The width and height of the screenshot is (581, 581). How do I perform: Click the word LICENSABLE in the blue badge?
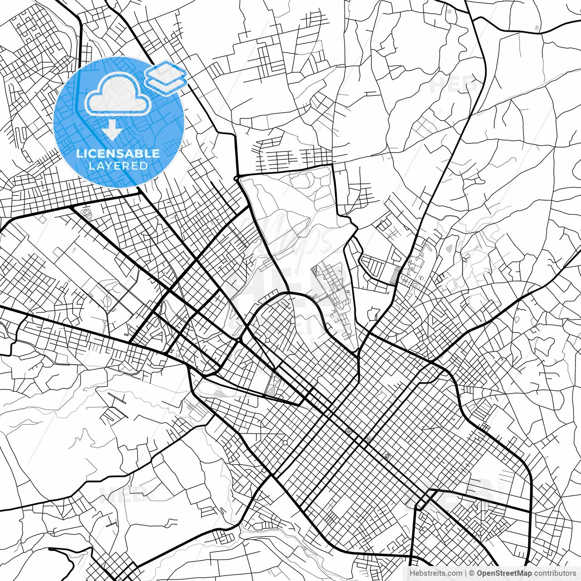(x=118, y=153)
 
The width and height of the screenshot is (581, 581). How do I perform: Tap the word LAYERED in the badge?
(x=118, y=166)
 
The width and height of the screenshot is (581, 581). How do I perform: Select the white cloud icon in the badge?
(x=118, y=94)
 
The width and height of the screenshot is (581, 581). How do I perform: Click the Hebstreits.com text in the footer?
(x=436, y=573)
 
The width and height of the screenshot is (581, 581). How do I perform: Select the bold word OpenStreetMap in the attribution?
(x=504, y=573)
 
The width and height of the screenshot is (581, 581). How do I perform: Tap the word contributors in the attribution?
(x=555, y=573)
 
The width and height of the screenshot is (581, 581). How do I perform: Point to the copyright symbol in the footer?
(x=472, y=573)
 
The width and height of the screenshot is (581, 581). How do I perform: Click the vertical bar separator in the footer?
(x=466, y=573)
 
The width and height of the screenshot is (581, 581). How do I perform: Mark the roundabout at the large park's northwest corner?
(x=236, y=177)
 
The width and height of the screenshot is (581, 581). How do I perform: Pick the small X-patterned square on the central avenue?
(x=348, y=431)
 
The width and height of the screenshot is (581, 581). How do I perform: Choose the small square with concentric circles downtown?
(x=368, y=439)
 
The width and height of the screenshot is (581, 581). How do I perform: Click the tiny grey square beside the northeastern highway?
(x=537, y=28)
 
